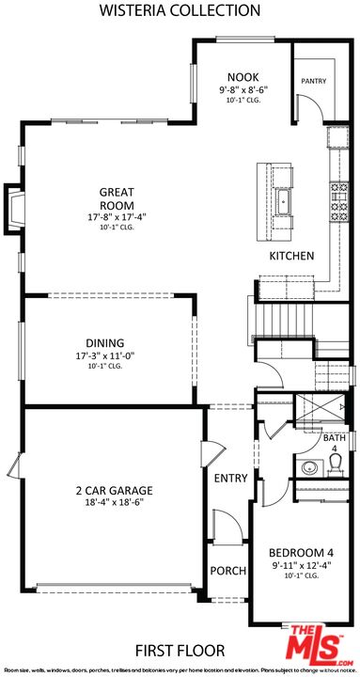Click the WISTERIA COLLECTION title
coord(180,11)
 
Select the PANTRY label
coord(313,82)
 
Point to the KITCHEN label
coord(291,256)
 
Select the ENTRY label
coord(231,479)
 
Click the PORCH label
coord(228,571)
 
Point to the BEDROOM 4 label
coord(301,552)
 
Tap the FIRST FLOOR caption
coord(180,651)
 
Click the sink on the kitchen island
coord(283,200)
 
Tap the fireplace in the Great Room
coord(16,206)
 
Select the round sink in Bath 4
coord(306,467)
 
